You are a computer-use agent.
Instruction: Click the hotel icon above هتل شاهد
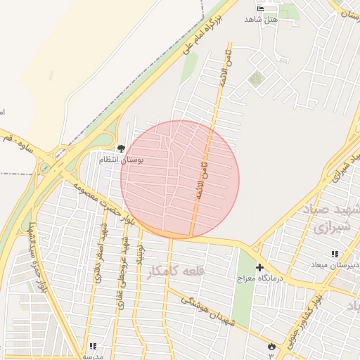click(262, 8)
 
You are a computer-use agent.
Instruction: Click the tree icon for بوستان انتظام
click(121, 149)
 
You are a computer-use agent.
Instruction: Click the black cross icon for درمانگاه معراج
click(259, 268)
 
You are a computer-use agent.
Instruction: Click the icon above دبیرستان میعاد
click(335, 254)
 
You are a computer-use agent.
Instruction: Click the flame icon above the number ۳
click(271, 345)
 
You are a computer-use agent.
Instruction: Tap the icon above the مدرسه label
click(93, 346)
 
